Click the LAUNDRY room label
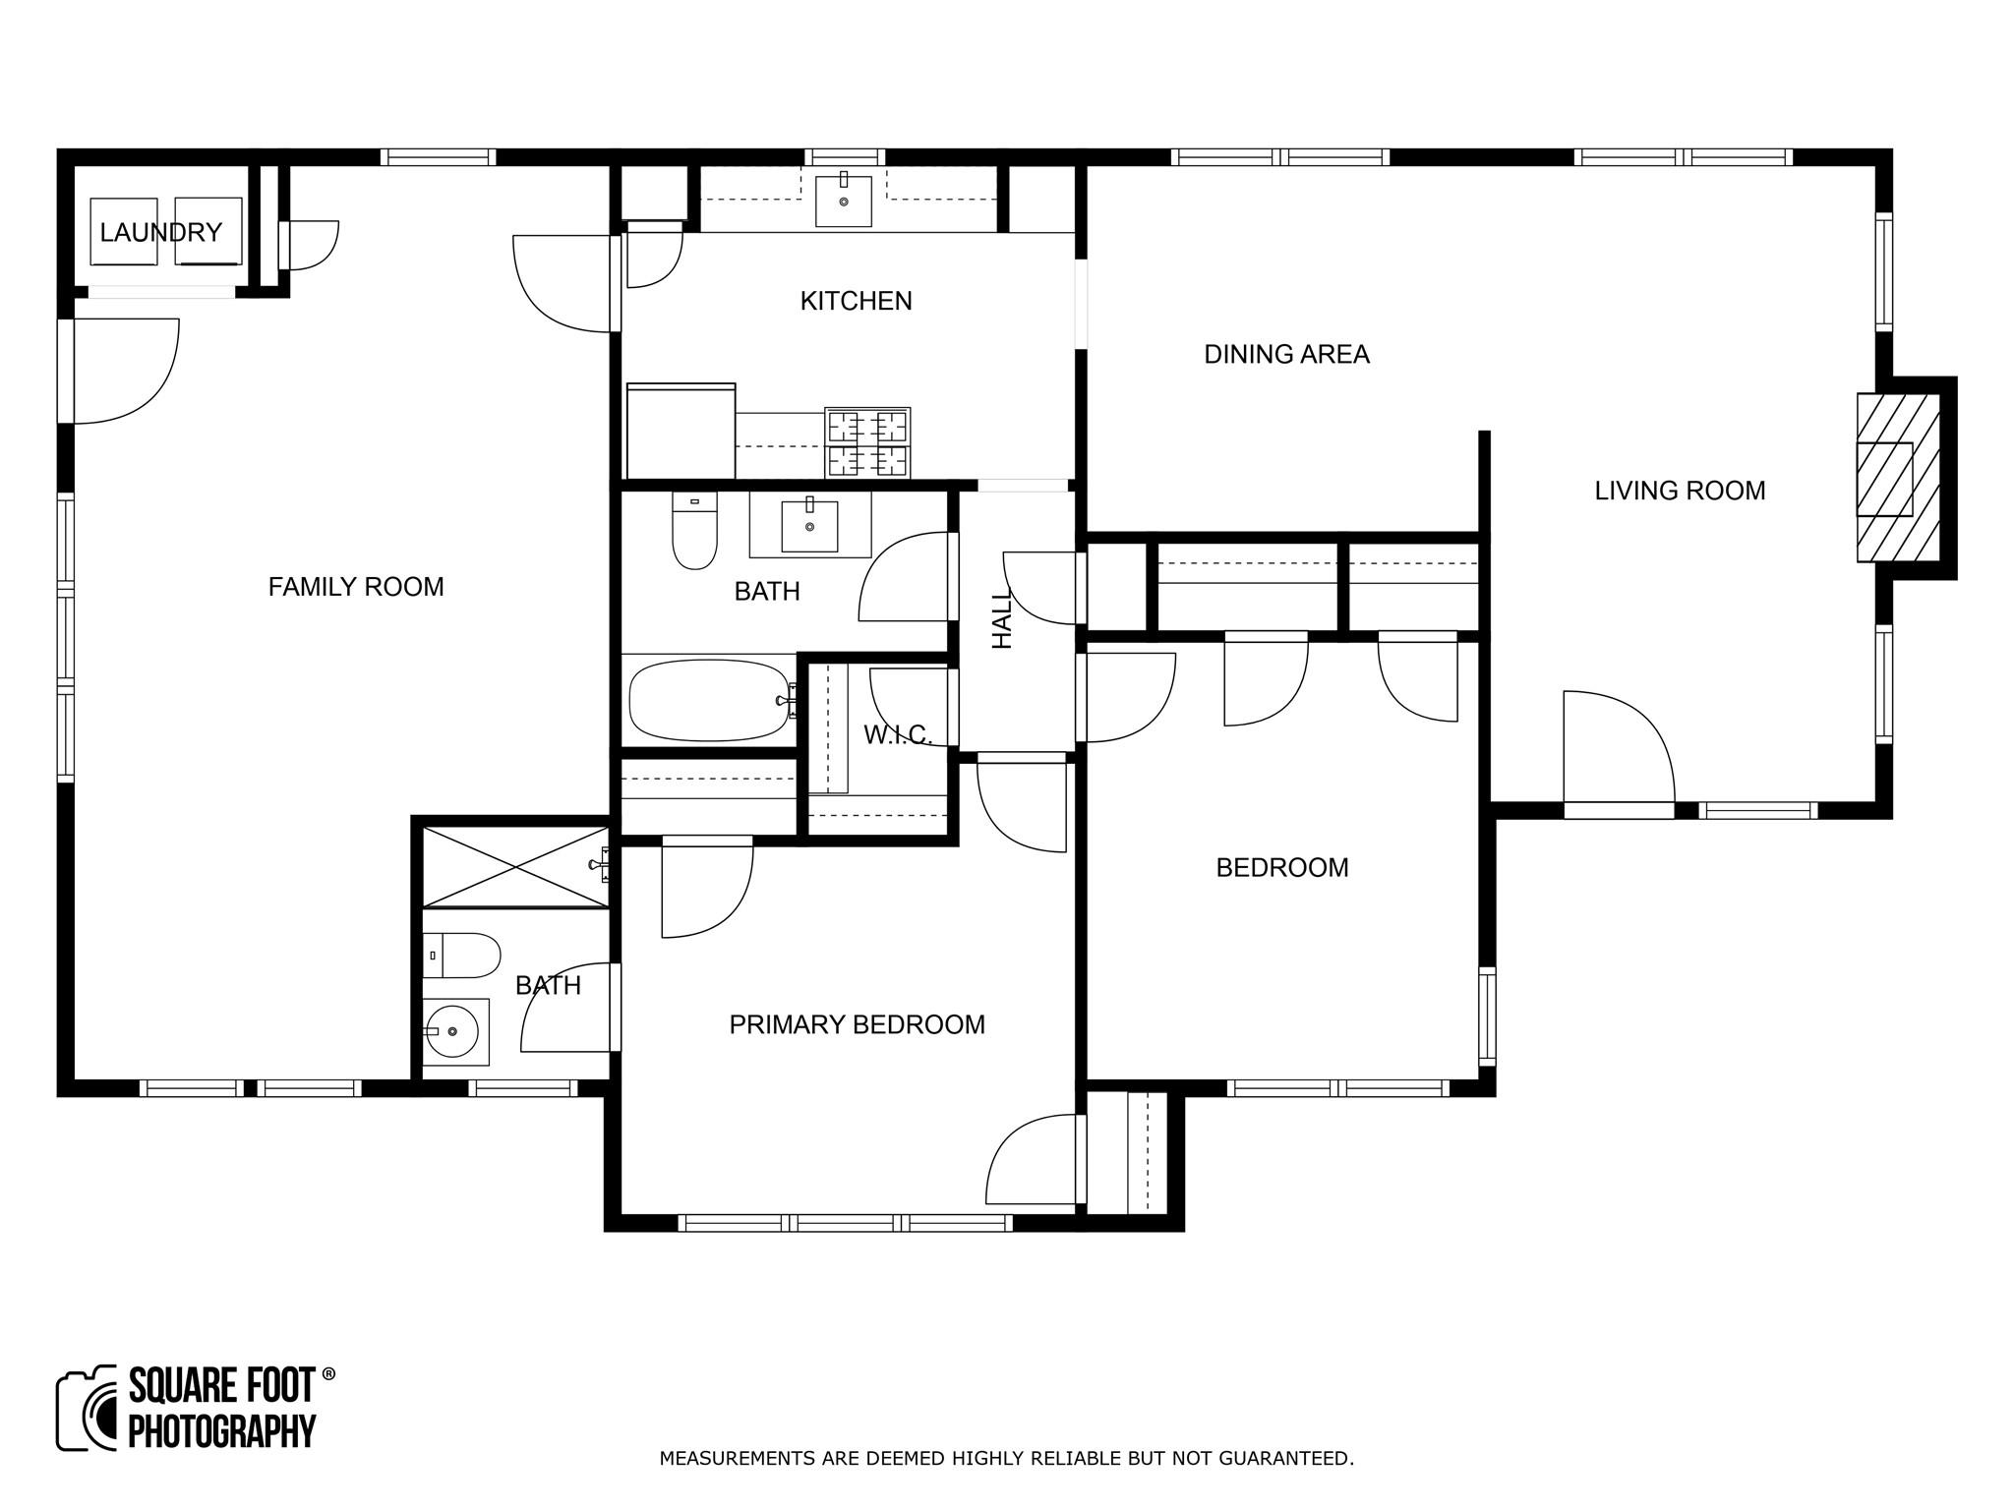coord(160,233)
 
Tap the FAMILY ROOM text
coord(356,587)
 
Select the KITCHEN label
coord(856,301)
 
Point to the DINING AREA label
coord(1286,354)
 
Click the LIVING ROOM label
coord(1680,491)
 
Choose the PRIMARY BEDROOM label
coord(857,1024)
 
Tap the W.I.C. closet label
coord(897,734)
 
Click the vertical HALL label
coord(1001,619)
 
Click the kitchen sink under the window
coord(844,201)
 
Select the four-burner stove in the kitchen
coord(867,442)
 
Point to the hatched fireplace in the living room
coord(1896,479)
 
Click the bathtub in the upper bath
coord(708,700)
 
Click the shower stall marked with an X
coord(514,866)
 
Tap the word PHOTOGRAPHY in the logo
coord(222,1431)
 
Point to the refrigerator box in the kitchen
coord(681,431)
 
